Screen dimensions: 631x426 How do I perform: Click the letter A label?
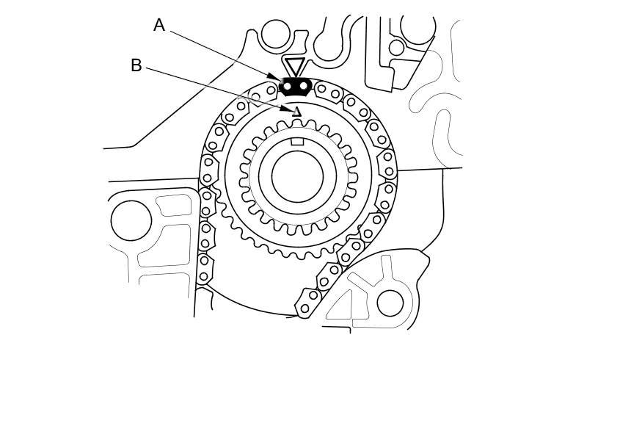pos(159,26)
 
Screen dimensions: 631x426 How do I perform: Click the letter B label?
pos(136,65)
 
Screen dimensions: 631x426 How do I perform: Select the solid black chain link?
pos(295,87)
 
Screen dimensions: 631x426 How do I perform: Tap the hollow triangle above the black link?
pos(295,66)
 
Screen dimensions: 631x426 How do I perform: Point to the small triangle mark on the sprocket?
pos(297,112)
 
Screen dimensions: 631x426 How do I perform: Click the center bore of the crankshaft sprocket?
pos(297,176)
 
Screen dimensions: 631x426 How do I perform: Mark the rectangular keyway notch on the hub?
pos(297,141)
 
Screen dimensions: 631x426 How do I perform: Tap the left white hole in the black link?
pos(287,87)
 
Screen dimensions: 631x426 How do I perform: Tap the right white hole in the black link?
pos(303,87)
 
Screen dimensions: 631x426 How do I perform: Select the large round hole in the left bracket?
pos(131,220)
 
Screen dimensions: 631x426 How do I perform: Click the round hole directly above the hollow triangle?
pos(275,34)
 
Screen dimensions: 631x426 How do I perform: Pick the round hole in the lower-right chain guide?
pos(390,303)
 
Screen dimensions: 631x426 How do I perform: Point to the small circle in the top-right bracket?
pos(396,48)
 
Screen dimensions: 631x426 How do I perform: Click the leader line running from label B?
pos(213,87)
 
